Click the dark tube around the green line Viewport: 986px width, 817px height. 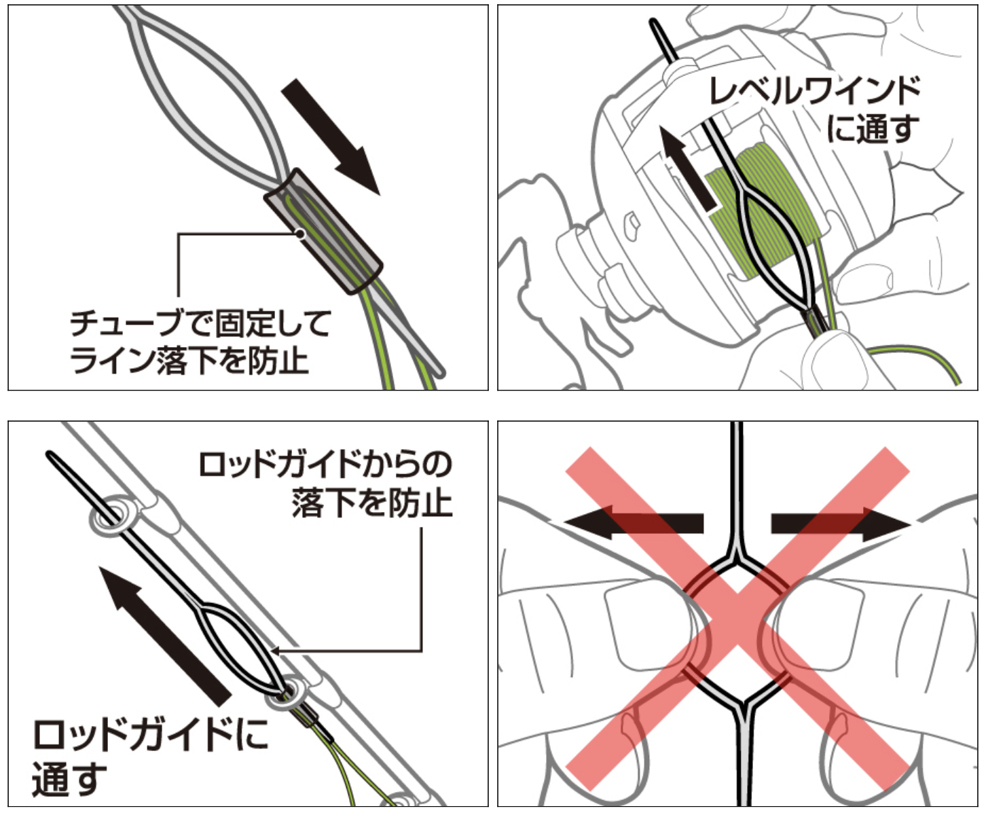point(323,232)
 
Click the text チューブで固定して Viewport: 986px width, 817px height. point(200,324)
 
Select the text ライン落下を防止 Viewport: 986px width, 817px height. point(189,360)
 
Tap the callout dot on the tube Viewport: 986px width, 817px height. point(299,234)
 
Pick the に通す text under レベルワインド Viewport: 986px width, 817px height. point(873,129)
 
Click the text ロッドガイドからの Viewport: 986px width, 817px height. point(325,465)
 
